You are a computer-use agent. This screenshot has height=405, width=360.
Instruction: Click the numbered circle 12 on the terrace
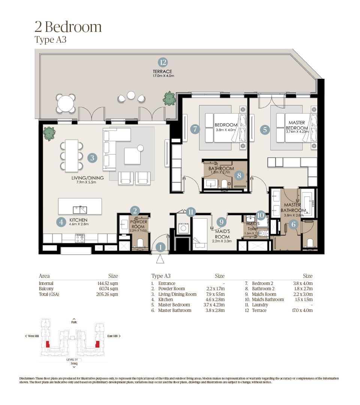coord(162,62)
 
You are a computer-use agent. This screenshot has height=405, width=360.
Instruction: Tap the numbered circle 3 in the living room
coord(92,158)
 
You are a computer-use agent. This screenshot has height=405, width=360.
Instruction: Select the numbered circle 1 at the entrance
coord(160,247)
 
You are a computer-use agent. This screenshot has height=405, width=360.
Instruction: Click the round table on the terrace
coord(66,103)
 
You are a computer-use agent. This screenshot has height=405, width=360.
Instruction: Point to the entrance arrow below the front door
coord(160,259)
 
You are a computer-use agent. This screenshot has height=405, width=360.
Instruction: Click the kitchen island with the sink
coord(80,206)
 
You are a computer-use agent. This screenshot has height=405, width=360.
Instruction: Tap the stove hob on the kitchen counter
coord(80,238)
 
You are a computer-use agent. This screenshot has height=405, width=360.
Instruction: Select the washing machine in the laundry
coord(184,229)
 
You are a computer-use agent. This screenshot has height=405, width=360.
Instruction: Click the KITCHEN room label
coord(78,220)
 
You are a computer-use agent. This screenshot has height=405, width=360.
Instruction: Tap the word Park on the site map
coord(74,322)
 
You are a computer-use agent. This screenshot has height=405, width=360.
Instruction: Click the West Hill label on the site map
coord(33,336)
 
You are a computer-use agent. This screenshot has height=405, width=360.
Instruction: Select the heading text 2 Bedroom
coord(68,27)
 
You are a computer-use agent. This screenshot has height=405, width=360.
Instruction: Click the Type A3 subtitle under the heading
coord(50,40)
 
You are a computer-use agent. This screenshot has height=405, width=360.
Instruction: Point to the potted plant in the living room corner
coord(49,132)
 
